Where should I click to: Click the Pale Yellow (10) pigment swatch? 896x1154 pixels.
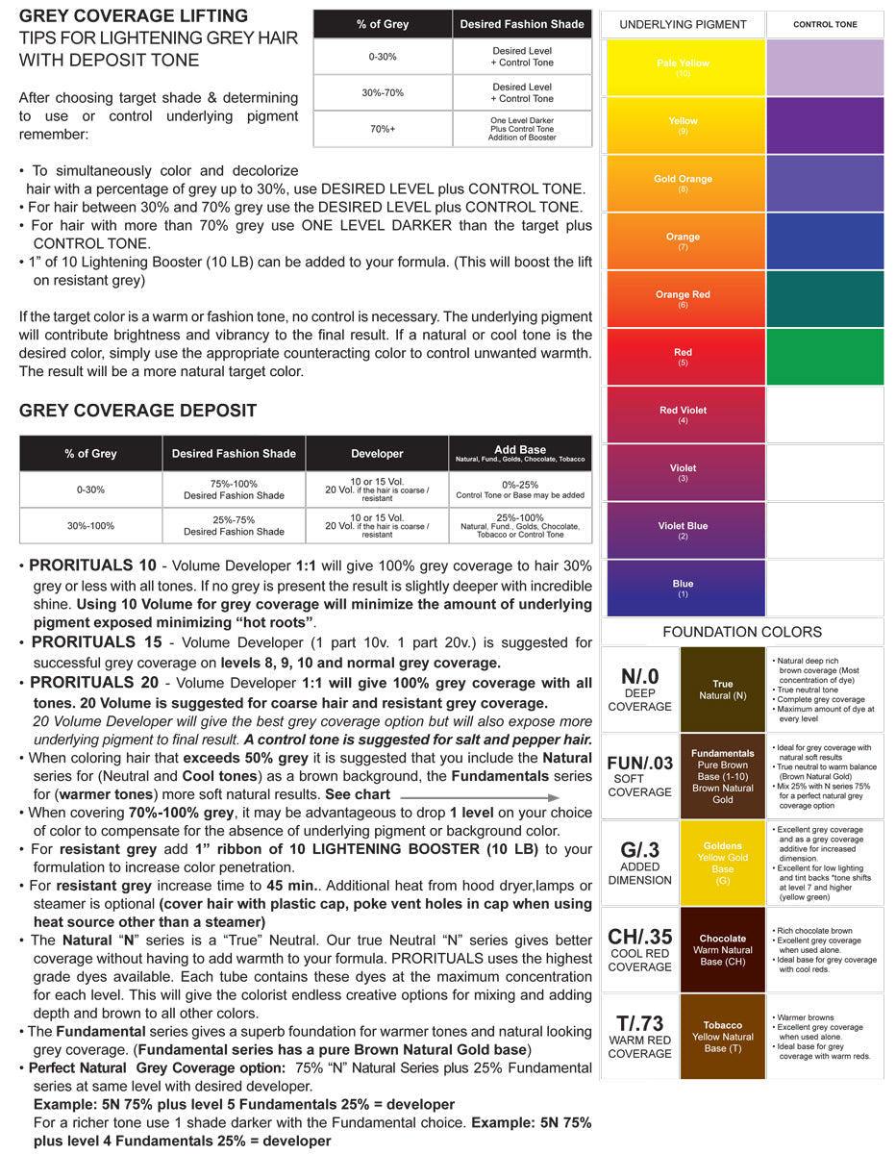click(683, 67)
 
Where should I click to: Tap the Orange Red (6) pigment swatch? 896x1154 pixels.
click(683, 299)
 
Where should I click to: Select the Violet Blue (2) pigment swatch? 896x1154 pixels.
click(683, 530)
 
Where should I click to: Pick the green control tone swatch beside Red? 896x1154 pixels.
click(825, 357)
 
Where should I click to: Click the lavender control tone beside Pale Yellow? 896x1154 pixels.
click(825, 67)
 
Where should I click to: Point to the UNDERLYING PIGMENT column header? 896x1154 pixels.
click(683, 24)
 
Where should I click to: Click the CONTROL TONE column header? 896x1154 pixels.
click(825, 24)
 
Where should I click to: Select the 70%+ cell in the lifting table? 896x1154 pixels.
click(382, 130)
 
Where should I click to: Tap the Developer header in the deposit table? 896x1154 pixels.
click(377, 453)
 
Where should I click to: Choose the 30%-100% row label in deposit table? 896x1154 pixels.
click(90, 526)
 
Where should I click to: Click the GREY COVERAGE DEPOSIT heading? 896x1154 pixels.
click(137, 411)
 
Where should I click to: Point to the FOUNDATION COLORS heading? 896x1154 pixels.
click(742, 632)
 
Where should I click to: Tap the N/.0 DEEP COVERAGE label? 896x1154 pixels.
click(639, 689)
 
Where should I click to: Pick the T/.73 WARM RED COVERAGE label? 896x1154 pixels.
click(639, 1036)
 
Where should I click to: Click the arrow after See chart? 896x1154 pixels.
click(479, 796)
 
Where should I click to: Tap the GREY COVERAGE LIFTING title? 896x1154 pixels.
click(134, 16)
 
